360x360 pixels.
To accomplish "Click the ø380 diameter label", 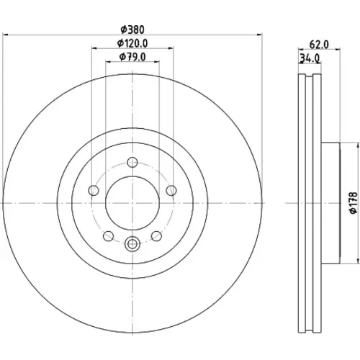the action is [x=132, y=30].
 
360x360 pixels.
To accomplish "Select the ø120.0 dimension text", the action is [x=132, y=43].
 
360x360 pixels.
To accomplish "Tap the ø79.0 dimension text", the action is [x=132, y=57].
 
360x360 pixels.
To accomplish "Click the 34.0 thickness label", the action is [x=310, y=58].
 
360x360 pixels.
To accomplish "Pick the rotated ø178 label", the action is [x=354, y=203].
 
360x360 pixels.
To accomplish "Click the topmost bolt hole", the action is [x=132, y=162].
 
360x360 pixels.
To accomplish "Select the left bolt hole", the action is [x=94, y=191].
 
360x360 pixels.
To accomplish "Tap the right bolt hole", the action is [x=171, y=191].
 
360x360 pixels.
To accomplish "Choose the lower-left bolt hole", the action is [x=108, y=236].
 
